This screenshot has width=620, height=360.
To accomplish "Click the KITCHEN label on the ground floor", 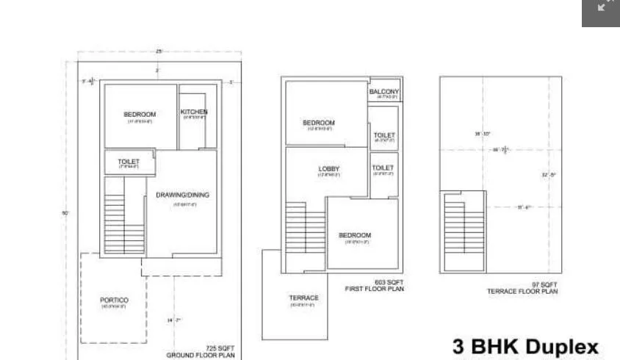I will (194, 112).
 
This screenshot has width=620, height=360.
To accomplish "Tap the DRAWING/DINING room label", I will (182, 195).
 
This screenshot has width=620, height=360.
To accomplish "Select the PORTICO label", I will (115, 300).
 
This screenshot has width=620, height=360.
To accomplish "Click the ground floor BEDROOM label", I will (140, 114).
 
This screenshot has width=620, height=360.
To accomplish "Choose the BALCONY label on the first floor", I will (385, 92).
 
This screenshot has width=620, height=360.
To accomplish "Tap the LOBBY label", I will (329, 169).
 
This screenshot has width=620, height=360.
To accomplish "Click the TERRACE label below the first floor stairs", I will (303, 298).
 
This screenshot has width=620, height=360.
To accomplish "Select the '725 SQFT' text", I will (220, 347).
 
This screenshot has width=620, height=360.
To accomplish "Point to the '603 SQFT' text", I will (389, 282).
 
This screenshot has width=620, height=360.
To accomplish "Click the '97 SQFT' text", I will (544, 284).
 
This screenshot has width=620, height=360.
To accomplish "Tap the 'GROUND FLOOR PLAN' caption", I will (201, 355).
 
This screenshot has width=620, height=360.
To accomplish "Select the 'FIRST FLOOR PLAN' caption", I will (374, 289).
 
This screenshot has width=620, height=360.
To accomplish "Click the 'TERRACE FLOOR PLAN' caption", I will (522, 292).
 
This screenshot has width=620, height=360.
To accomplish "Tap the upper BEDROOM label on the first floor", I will (319, 123).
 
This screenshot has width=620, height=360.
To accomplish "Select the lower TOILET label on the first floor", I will (383, 168).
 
